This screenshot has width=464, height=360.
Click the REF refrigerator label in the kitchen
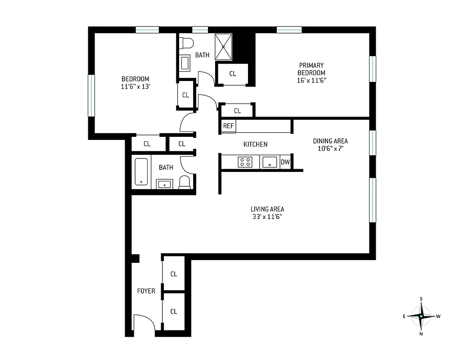pos(228,126)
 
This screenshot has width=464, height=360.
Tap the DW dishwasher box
pos(285,162)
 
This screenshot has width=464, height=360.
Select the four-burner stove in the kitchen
pos(245,162)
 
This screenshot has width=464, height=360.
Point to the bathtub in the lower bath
pos(141,172)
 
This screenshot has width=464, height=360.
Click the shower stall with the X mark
pos(223,46)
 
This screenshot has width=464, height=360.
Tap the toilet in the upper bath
pos(185,43)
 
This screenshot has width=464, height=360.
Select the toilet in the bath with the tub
pos(185,182)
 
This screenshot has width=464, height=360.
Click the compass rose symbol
pos(421,316)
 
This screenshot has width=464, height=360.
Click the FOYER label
pos(146,291)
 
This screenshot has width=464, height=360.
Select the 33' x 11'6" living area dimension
pos(267,216)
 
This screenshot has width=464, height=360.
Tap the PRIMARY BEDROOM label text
pos(311,69)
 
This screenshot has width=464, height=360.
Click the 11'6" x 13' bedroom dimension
pos(135,87)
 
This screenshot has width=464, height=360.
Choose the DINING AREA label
pos(330,141)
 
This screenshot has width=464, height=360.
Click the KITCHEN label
pos(255,144)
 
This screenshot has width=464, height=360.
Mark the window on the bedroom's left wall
pos(91,95)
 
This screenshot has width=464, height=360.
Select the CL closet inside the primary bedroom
pos(232,74)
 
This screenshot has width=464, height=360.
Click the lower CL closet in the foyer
pos(173,311)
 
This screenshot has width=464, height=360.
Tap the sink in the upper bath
pos(185,63)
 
